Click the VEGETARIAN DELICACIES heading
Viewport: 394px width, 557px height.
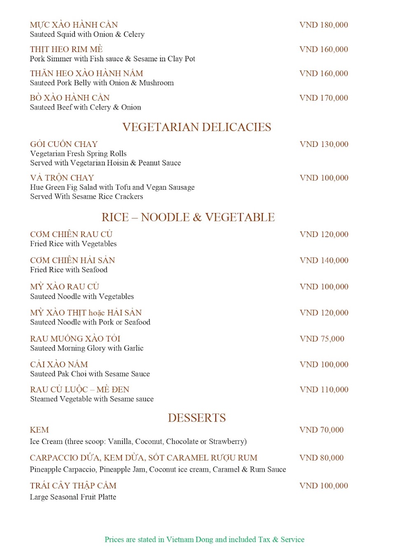click(x=197, y=127)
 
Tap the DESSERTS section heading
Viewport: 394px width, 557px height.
click(x=197, y=418)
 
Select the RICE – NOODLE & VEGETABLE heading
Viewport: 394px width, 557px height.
click(x=188, y=217)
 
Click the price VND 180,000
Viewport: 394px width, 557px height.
click(x=324, y=25)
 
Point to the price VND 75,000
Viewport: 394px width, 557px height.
click(x=322, y=339)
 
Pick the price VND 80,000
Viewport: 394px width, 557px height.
click(x=322, y=458)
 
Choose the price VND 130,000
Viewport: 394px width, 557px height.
click(x=324, y=144)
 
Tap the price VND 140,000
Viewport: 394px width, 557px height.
click(x=324, y=260)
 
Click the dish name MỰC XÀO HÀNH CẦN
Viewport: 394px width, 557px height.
click(x=74, y=25)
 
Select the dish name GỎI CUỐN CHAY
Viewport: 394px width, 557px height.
click(x=64, y=144)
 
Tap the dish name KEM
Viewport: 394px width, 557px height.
click(x=39, y=430)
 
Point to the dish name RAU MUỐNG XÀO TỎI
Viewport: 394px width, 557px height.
click(x=75, y=339)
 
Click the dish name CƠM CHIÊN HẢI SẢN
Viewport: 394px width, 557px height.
click(x=72, y=260)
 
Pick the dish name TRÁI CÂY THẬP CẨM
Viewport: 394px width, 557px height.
click(x=73, y=486)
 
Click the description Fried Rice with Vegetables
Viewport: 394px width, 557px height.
click(x=73, y=244)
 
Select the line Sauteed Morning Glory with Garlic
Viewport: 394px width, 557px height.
click(x=86, y=348)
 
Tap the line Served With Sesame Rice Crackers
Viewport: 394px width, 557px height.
click(x=86, y=197)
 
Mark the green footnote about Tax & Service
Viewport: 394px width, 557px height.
click(x=204, y=540)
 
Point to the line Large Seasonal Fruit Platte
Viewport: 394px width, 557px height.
click(x=73, y=497)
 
